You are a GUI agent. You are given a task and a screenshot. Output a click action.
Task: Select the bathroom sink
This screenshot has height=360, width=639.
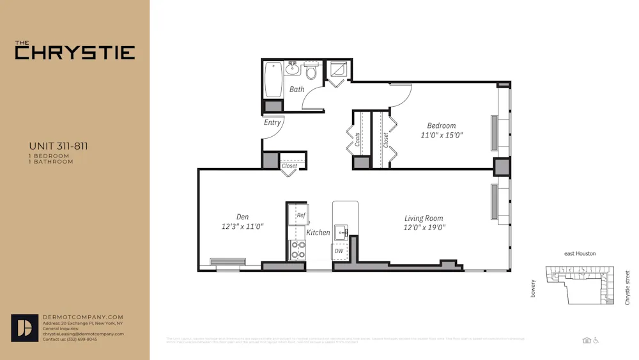coord(294,68)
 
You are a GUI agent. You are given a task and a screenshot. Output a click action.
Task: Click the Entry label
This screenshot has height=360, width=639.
coord(272,122)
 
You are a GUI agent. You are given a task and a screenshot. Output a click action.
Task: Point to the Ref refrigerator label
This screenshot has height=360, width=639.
coord(301,215)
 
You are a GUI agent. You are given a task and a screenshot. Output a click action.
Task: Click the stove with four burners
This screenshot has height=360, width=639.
coord(298,250)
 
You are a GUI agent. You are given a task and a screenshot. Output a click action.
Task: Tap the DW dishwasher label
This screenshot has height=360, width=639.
coord(339,251)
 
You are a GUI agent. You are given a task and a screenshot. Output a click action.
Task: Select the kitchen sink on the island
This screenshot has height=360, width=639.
coord(343,233)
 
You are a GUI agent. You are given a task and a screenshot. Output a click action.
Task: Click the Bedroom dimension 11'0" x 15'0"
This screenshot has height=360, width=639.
coord(442,135)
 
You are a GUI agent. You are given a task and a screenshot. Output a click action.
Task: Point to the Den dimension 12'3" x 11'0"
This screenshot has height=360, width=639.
coord(242,226)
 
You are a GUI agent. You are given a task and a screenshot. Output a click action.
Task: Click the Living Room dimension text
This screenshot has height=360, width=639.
coord(424,227)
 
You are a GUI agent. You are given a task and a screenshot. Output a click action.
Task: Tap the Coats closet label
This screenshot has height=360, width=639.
coord(358,139)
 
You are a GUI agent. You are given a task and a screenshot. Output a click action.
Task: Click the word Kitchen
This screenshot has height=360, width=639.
coord(318,233)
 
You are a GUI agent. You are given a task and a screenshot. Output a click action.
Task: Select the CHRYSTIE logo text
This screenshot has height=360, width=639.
coord(75,52)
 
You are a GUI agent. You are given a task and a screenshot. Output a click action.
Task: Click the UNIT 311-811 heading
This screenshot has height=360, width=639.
coord(58,146)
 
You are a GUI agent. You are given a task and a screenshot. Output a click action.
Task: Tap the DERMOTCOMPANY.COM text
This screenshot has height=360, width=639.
coord(82,317)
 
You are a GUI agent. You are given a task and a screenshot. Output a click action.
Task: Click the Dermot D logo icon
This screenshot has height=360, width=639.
coord(25,327)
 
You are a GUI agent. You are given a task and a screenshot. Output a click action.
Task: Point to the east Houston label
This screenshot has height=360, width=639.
coord(580,254)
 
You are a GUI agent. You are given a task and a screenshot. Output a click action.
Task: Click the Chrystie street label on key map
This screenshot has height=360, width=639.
coord(627,287)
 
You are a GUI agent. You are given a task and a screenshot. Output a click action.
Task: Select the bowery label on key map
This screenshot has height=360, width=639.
coord(533,288)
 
